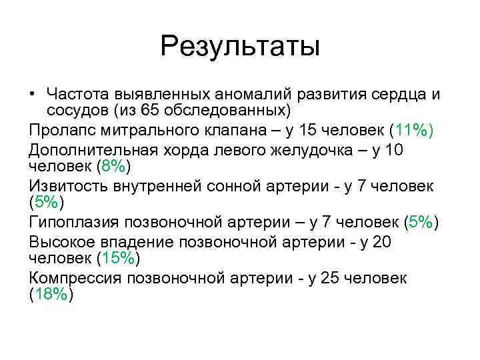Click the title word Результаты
click(240, 47)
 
